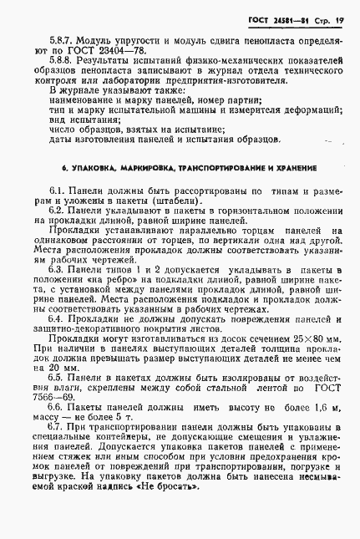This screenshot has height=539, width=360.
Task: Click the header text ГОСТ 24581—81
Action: [x=286, y=18]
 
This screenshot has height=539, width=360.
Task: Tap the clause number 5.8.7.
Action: [x=61, y=41]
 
